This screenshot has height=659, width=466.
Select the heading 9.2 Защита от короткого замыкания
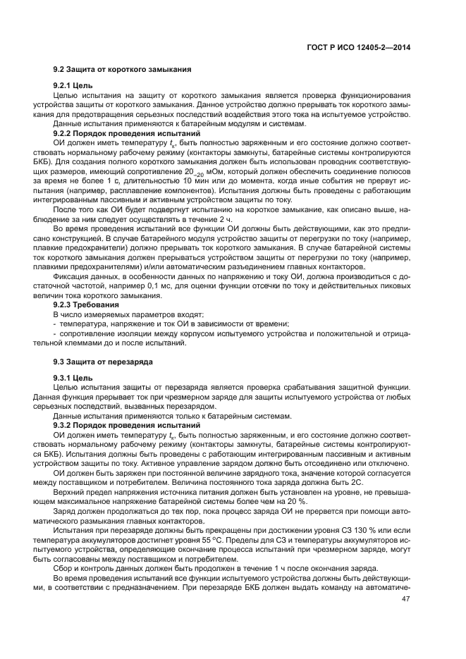coord(118,70)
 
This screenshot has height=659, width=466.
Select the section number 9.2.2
coord(67,133)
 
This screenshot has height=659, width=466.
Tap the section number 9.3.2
coord(67,425)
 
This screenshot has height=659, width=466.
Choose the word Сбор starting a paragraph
coord(64,568)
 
